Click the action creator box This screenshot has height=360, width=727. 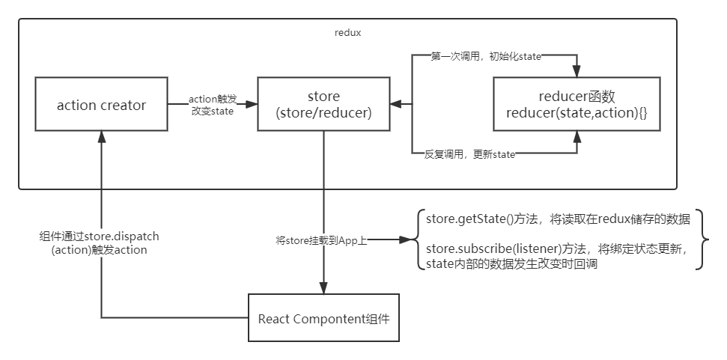[101, 105]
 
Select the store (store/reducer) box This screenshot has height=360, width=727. [323, 105]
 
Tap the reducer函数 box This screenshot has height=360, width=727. [576, 105]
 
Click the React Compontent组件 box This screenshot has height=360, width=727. [323, 319]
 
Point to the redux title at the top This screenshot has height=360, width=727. [348, 33]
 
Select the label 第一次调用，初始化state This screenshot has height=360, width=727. [487, 55]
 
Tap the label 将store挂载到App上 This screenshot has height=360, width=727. [321, 240]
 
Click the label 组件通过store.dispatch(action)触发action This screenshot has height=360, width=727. [100, 242]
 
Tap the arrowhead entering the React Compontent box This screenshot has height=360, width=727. [323, 289]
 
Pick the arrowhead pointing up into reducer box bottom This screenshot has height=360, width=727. [576, 137]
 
